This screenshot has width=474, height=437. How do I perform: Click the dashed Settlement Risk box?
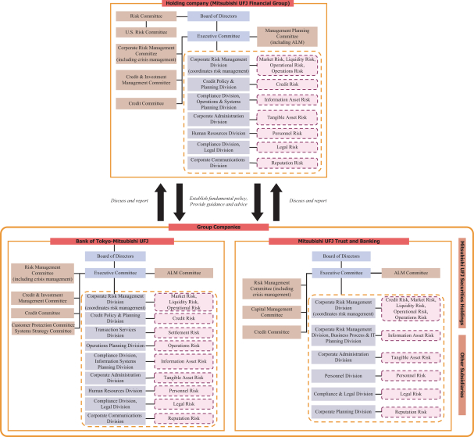183,331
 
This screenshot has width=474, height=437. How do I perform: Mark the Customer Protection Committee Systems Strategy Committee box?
44,326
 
